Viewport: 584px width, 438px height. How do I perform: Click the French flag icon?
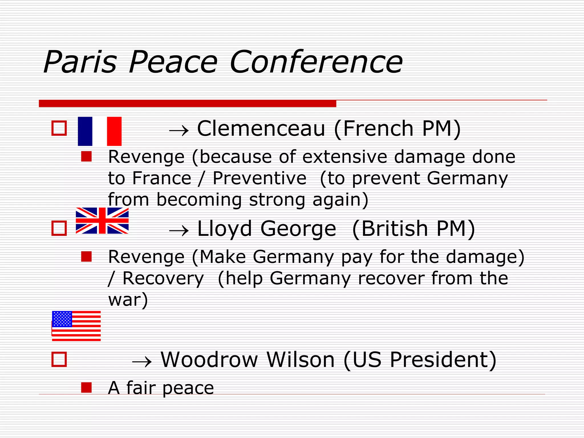(x=100, y=131)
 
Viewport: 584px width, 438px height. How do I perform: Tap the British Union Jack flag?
(x=102, y=221)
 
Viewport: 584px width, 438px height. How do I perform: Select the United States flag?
(x=76, y=326)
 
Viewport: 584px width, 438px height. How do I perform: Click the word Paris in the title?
(x=80, y=62)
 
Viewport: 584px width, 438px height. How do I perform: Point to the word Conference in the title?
(x=316, y=62)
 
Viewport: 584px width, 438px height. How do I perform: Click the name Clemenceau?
(x=261, y=129)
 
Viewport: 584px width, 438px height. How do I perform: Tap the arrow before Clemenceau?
(x=179, y=131)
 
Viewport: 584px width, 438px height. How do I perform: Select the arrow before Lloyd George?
(x=179, y=230)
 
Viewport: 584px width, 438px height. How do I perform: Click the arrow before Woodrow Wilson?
(x=142, y=362)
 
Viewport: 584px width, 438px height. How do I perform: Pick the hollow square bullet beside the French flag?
(x=59, y=128)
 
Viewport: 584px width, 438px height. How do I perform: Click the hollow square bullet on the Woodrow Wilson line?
(x=59, y=359)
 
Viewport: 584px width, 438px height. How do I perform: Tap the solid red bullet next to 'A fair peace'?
(x=86, y=388)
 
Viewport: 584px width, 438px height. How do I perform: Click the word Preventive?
(x=259, y=179)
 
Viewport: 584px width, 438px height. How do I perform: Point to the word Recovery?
(x=163, y=278)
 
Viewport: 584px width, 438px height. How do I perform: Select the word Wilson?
(x=301, y=360)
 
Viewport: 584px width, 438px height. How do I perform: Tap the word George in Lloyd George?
(x=298, y=229)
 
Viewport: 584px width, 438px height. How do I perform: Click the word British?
(x=394, y=228)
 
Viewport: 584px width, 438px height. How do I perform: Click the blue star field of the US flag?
(x=62, y=319)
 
